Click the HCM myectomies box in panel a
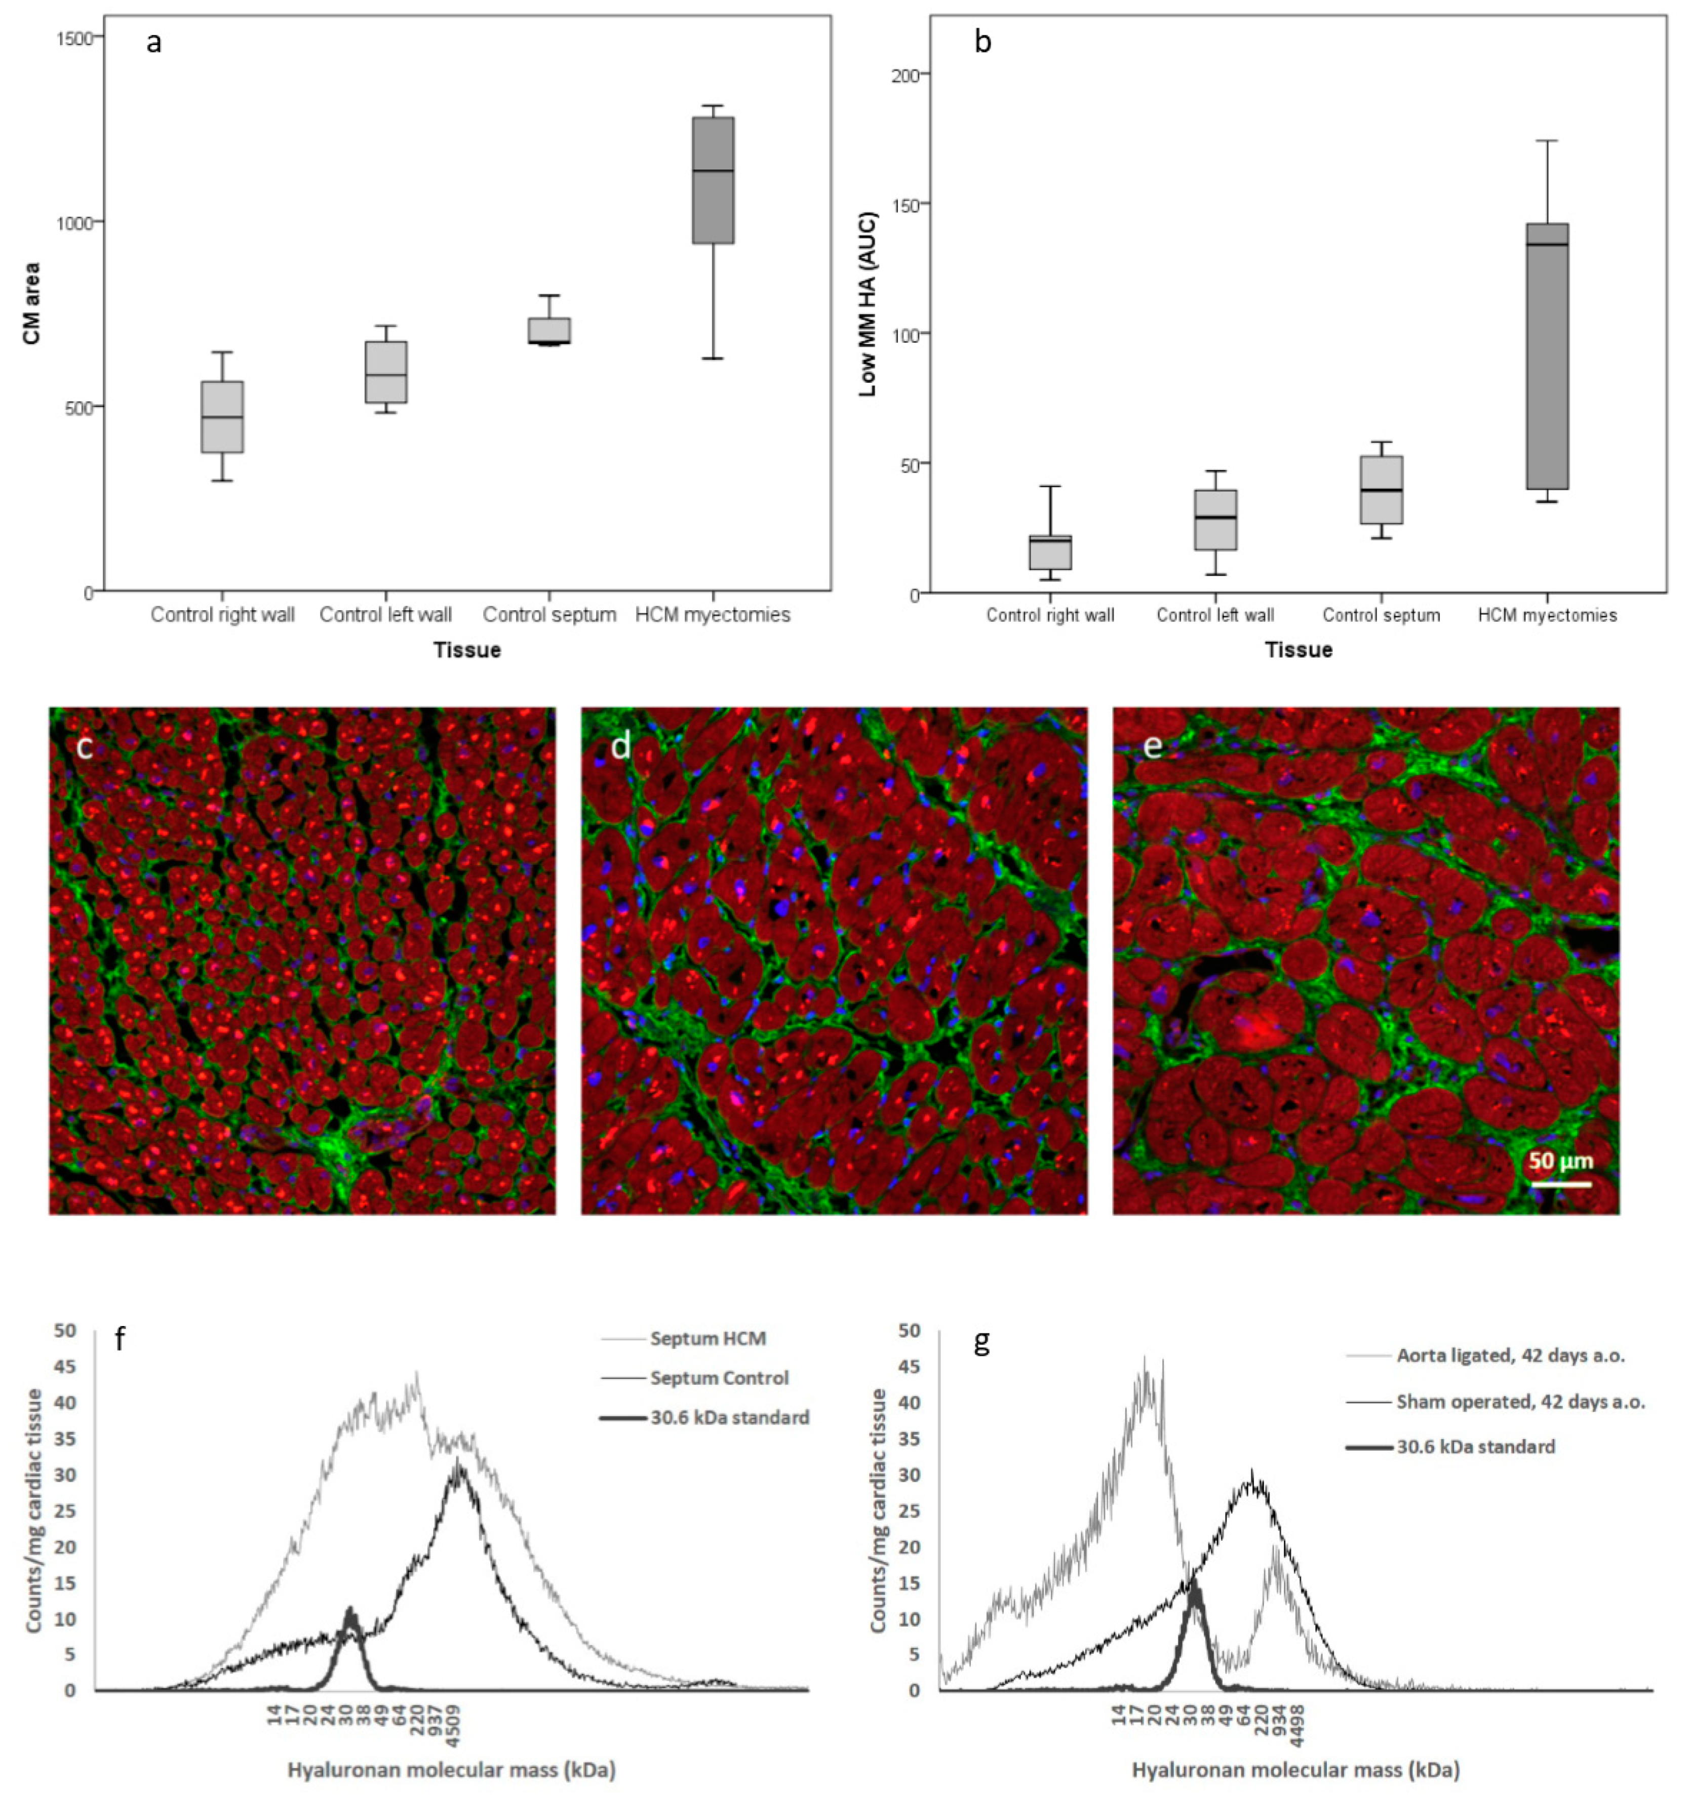pos(712,181)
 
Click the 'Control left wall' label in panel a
pos(386,615)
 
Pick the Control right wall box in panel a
pos(222,417)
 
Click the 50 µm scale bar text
pos(1561,1160)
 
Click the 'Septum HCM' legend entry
pos(707,1338)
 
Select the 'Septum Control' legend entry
pos(719,1378)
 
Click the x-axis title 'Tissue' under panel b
pos(1298,650)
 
